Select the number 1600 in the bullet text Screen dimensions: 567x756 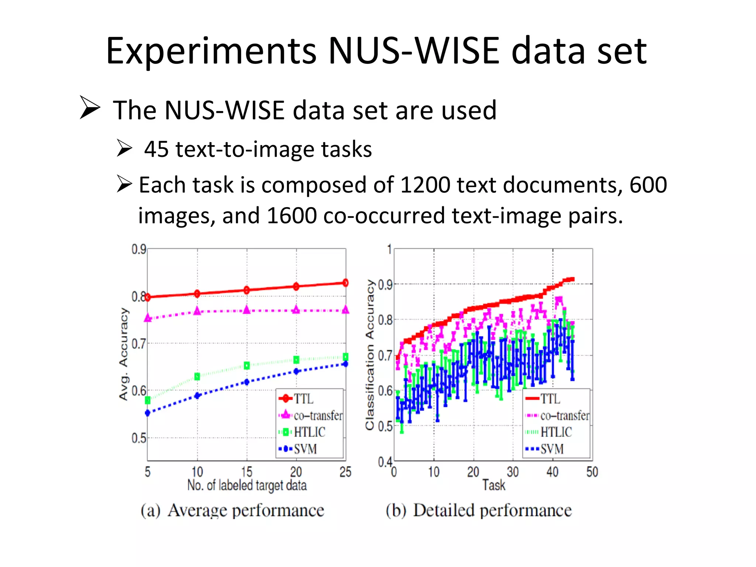292,216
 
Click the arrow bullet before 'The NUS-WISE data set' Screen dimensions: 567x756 90,107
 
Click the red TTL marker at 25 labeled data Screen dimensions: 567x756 346,283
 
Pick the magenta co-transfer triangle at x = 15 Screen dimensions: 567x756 247,310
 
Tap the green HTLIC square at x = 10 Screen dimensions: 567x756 197,377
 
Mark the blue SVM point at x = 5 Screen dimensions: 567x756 148,413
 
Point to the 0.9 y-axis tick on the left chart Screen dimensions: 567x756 139,250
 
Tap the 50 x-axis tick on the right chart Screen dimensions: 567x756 592,472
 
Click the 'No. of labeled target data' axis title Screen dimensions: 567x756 247,485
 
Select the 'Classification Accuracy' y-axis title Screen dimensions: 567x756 370,354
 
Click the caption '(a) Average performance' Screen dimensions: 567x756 232,511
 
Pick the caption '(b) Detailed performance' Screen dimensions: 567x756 479,511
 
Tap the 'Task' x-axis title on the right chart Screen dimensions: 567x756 494,485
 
